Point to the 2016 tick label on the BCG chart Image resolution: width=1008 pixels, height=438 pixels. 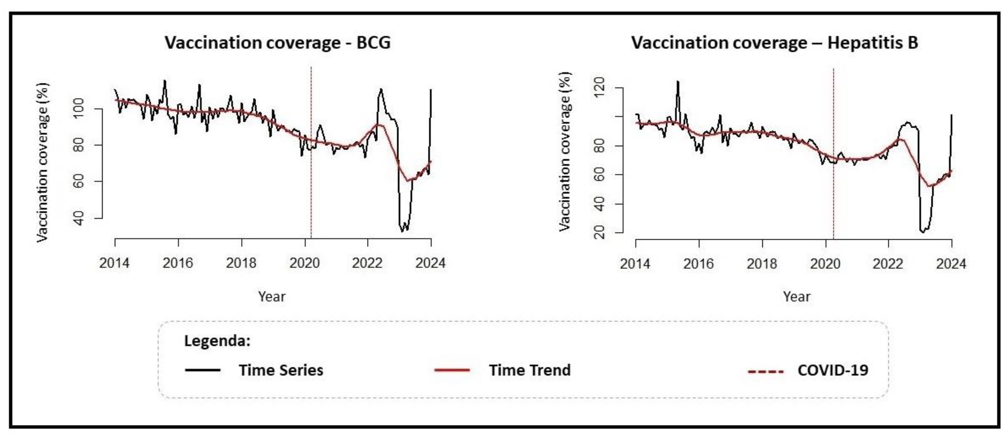tap(178, 263)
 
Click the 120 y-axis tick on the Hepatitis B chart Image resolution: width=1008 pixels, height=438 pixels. tap(599, 88)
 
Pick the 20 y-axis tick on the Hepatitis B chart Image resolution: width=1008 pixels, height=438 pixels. tap(599, 233)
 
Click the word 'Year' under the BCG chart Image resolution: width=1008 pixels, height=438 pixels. tap(272, 297)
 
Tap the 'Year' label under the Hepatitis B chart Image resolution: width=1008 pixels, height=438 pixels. tap(796, 297)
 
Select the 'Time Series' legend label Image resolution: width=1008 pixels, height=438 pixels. tap(281, 370)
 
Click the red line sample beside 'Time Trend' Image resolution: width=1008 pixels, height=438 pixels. tap(452, 370)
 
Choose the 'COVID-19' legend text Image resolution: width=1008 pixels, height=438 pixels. tap(833, 370)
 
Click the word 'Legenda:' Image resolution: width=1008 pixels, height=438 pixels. tap(217, 340)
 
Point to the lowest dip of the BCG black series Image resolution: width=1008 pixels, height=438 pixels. tap(402, 231)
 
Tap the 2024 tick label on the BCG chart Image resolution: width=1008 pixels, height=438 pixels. tap(430, 263)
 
